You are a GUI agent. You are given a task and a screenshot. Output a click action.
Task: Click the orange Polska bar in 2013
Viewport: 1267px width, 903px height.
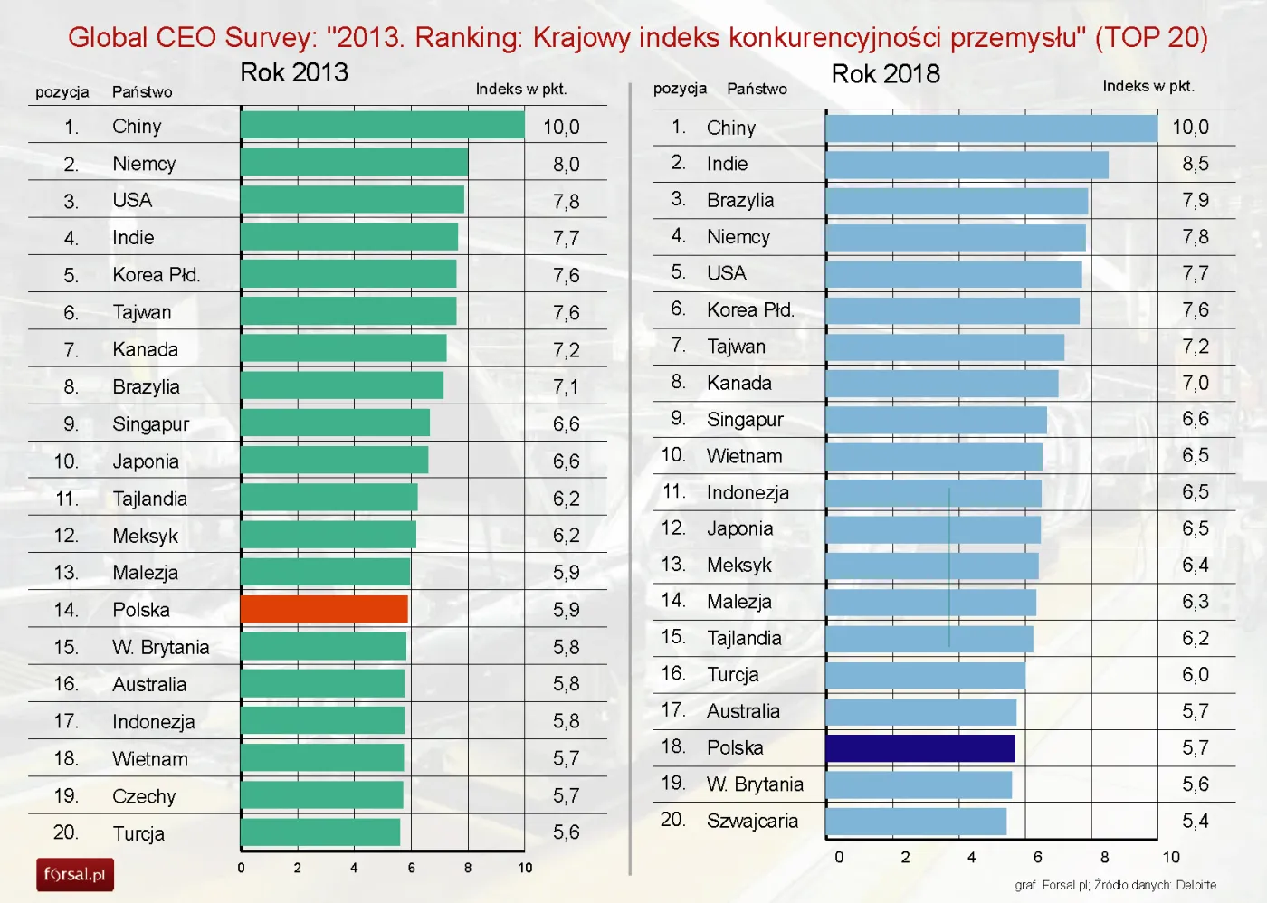tap(324, 609)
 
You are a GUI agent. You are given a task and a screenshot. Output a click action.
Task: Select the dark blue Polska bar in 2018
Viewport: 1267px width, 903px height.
tap(919, 748)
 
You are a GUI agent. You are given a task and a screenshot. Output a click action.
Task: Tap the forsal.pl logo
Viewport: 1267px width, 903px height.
tap(75, 875)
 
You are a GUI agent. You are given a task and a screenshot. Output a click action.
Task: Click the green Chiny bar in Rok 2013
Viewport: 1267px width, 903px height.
tap(382, 126)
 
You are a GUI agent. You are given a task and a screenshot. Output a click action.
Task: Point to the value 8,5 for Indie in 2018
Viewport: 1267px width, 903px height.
tap(1195, 164)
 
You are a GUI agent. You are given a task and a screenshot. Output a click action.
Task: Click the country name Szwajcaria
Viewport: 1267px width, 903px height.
tap(752, 821)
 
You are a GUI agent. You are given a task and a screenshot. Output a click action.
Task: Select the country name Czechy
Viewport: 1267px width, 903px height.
tap(144, 796)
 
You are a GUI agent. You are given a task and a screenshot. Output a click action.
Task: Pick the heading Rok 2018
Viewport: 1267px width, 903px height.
tap(885, 74)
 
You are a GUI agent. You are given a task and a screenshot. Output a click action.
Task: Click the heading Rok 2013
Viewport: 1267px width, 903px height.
tap(294, 72)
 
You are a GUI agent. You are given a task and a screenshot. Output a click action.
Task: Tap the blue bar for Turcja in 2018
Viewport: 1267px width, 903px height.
tap(925, 675)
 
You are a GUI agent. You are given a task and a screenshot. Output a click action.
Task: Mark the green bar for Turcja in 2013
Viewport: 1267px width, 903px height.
tap(320, 832)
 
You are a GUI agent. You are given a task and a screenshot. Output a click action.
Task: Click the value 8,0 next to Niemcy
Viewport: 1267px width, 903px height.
tap(566, 165)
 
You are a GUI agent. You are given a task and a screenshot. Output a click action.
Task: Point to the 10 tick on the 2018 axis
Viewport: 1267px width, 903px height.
tap(1171, 857)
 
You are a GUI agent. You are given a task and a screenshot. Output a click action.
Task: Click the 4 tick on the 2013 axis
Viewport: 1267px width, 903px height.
tap(354, 868)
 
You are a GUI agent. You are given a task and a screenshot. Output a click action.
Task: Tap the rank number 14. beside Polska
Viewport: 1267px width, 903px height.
tap(66, 610)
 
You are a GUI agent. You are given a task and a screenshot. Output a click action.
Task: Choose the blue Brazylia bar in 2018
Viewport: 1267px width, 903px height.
tap(957, 201)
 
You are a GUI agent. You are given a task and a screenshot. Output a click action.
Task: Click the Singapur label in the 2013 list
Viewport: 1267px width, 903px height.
tap(150, 424)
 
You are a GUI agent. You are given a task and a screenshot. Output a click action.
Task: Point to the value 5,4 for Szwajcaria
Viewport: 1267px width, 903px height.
tap(1195, 821)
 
